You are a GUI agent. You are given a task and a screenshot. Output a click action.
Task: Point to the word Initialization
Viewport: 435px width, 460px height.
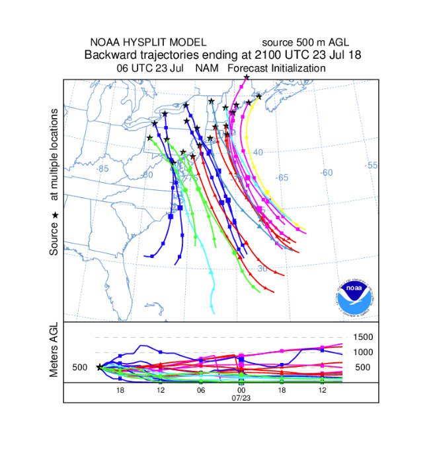click(296, 68)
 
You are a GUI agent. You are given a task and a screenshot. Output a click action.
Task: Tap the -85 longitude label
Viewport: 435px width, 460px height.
click(102, 168)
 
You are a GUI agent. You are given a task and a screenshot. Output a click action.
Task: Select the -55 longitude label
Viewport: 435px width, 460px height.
click(372, 165)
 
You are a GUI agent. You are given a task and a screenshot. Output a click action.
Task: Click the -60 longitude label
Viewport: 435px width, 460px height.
click(326, 173)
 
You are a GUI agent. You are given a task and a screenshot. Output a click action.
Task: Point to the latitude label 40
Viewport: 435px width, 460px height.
click(258, 152)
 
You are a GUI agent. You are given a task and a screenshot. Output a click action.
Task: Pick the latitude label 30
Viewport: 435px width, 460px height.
click(262, 269)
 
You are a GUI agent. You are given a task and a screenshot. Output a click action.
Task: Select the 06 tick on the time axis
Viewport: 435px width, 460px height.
click(201, 391)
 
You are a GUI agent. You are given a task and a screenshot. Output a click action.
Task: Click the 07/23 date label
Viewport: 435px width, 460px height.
click(240, 399)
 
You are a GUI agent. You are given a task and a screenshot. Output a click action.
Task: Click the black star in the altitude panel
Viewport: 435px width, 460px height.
click(99, 368)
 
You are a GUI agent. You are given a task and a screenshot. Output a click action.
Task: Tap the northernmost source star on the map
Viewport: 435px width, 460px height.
click(246, 78)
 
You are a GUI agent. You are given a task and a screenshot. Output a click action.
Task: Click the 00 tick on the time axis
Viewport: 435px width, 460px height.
click(241, 391)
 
